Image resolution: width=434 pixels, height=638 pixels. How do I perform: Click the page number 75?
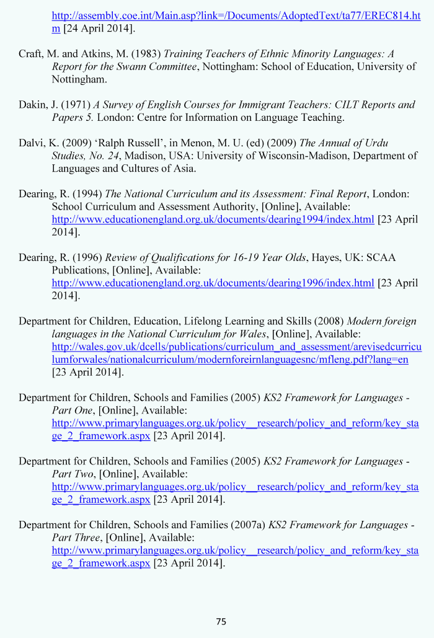pyautogui.click(x=221, y=621)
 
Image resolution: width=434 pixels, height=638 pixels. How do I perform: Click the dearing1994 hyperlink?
pyautogui.click(x=213, y=219)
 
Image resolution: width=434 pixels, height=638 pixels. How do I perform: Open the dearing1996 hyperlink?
pyautogui.click(x=213, y=283)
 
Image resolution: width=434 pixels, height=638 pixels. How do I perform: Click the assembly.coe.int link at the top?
pyautogui.click(x=236, y=16)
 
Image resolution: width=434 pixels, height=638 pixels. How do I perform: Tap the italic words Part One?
pyautogui.click(x=73, y=410)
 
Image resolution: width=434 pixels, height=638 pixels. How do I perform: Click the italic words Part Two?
pyautogui.click(x=73, y=474)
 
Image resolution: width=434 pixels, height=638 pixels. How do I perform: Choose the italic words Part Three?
pyautogui.click(x=76, y=537)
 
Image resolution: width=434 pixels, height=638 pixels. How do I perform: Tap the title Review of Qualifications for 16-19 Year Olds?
pyautogui.click(x=205, y=257)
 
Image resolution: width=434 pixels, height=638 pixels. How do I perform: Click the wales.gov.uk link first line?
pyautogui.click(x=236, y=347)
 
